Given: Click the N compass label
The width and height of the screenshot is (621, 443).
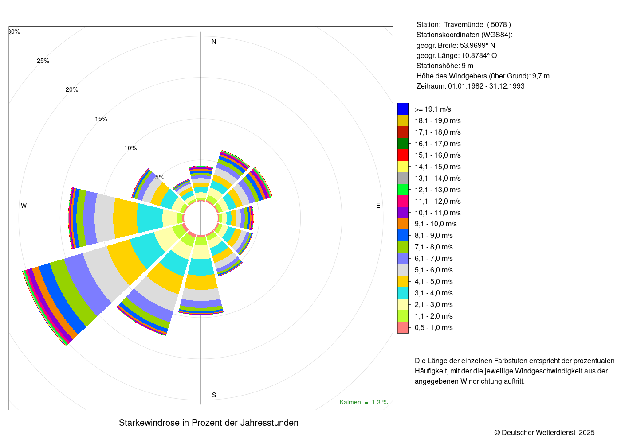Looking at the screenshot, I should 214,42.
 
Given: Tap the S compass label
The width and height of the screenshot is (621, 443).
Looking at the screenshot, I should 214,395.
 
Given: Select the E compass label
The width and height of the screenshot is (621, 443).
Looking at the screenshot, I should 378,206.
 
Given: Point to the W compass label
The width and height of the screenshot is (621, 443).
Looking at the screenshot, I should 24,206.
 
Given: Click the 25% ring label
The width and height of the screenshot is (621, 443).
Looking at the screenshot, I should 43,61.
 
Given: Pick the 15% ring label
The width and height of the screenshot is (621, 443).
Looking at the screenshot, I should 101,119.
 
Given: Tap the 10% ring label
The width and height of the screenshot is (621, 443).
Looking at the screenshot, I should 130,148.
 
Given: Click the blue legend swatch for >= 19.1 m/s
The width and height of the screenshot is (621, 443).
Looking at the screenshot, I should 403,109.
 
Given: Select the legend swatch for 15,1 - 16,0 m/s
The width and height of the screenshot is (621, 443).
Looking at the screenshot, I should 403,155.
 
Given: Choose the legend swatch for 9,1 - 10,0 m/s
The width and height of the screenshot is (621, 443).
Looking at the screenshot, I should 403,224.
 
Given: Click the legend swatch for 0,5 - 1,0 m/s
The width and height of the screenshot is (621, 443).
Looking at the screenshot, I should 403,327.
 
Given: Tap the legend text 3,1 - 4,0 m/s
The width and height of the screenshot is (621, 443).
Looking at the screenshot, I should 433,293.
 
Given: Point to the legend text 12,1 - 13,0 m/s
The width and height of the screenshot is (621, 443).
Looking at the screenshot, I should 437,190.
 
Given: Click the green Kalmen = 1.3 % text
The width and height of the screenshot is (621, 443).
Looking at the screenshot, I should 364,402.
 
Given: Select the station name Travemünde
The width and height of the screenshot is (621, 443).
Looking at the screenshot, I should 464,25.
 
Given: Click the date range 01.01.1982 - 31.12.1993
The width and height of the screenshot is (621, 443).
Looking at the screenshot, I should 486,86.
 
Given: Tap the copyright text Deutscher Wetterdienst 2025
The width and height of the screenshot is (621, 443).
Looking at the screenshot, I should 544,432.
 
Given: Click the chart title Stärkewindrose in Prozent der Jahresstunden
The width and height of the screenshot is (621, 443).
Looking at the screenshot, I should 208,423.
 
